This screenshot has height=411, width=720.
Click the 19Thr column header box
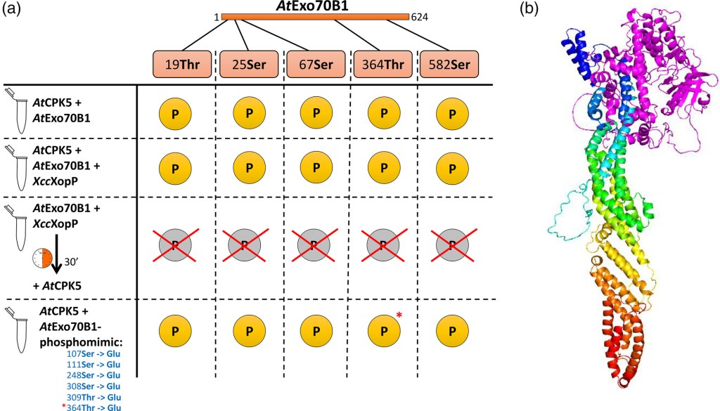pos(182,65)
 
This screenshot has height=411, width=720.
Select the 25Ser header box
pos(248,65)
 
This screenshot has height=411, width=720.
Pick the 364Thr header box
pos(382,65)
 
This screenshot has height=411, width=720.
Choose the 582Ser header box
pos(448,65)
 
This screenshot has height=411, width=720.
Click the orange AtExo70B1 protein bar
pos(315,16)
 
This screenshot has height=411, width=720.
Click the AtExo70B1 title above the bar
pos(316,6)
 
